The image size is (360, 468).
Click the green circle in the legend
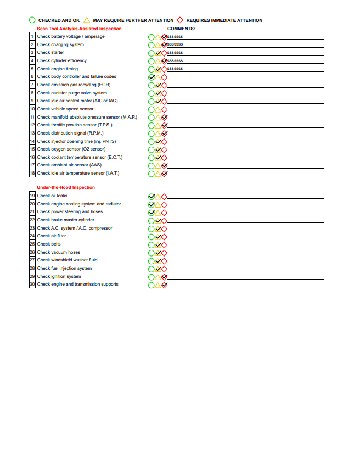[x=32, y=20]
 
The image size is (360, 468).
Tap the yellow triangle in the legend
[x=87, y=20]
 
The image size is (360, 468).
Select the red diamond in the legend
[x=180, y=20]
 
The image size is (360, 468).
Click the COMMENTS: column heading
[x=181, y=29]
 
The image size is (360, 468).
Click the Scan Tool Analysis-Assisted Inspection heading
[x=79, y=29]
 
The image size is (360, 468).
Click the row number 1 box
[x=32, y=36]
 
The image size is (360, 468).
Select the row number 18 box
[x=32, y=173]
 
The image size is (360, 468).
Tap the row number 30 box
[x=32, y=284]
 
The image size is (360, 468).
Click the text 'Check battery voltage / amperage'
[x=71, y=36]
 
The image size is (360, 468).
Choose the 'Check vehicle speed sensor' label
[x=65, y=109]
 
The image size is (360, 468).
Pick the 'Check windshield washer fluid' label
[x=67, y=260]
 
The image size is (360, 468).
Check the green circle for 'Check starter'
[x=151, y=53]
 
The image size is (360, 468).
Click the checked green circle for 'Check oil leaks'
[x=151, y=196]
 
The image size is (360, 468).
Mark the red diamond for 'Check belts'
[x=164, y=244]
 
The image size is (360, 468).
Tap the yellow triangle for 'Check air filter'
[x=158, y=236]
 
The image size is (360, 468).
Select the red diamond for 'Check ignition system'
[x=164, y=277]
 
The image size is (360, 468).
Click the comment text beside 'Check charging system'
[x=175, y=44]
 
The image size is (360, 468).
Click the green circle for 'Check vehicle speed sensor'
[x=151, y=109]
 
